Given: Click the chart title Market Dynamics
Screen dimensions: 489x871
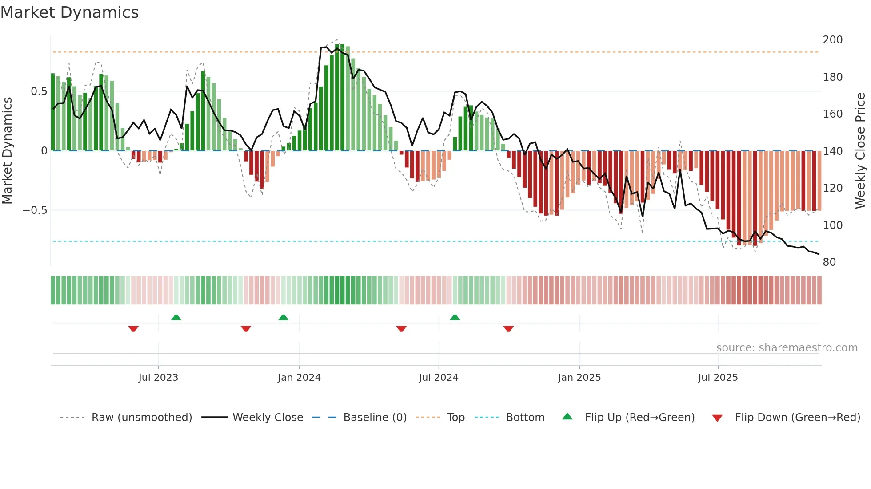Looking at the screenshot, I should click(69, 12).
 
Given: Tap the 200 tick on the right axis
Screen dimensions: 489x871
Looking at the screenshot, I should click(832, 40).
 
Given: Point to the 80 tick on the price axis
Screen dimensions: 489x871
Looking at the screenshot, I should click(829, 262).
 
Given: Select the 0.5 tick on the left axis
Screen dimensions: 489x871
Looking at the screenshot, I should click(39, 91).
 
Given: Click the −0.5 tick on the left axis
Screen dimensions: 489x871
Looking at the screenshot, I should click(35, 210).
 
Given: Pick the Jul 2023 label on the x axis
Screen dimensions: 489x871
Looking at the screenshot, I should click(158, 378).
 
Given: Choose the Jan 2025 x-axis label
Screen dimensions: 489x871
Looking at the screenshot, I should click(579, 378).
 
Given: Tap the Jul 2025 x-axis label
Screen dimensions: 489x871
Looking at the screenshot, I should click(718, 378).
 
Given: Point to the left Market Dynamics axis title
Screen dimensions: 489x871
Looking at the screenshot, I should click(7, 151).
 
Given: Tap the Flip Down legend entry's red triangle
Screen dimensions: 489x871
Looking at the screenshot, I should click(717, 418).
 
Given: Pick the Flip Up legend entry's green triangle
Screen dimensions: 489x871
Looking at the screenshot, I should click(567, 417).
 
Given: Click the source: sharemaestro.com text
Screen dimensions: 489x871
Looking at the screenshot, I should click(787, 348).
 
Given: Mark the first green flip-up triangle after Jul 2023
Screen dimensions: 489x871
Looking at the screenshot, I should click(176, 318).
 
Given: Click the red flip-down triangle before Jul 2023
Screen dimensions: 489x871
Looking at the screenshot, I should click(133, 329).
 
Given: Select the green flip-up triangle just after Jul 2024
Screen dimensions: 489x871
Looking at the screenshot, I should click(455, 318).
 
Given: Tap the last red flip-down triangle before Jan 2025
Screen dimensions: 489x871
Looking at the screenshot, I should click(508, 329).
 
